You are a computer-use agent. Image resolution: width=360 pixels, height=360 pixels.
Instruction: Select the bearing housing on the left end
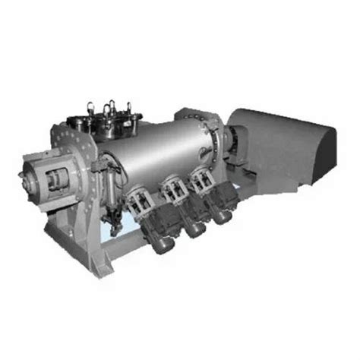49,181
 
